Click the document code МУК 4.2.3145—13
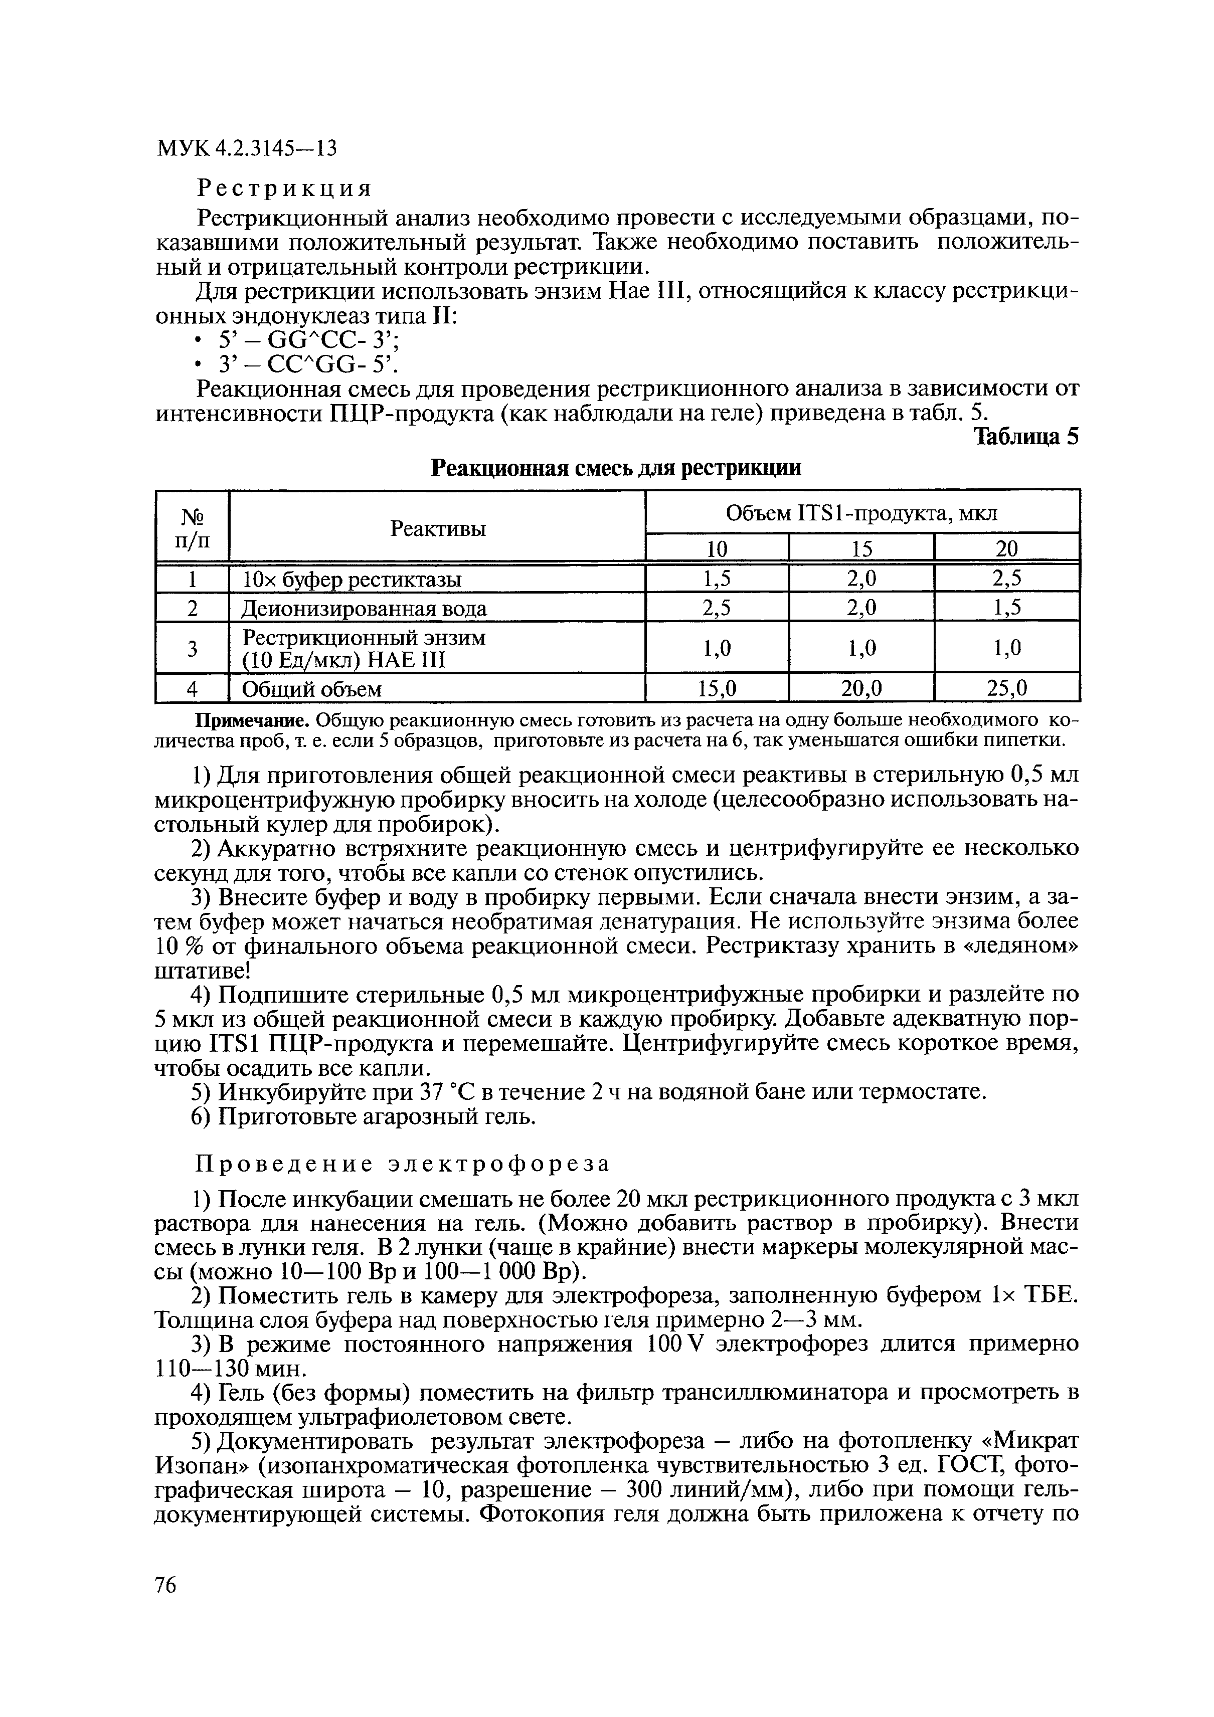point(247,149)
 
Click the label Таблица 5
point(1025,438)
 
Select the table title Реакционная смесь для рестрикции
point(617,469)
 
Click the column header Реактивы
point(438,529)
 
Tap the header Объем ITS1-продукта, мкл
point(861,514)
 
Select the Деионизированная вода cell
point(364,609)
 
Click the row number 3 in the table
point(192,648)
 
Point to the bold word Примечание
point(253,720)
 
